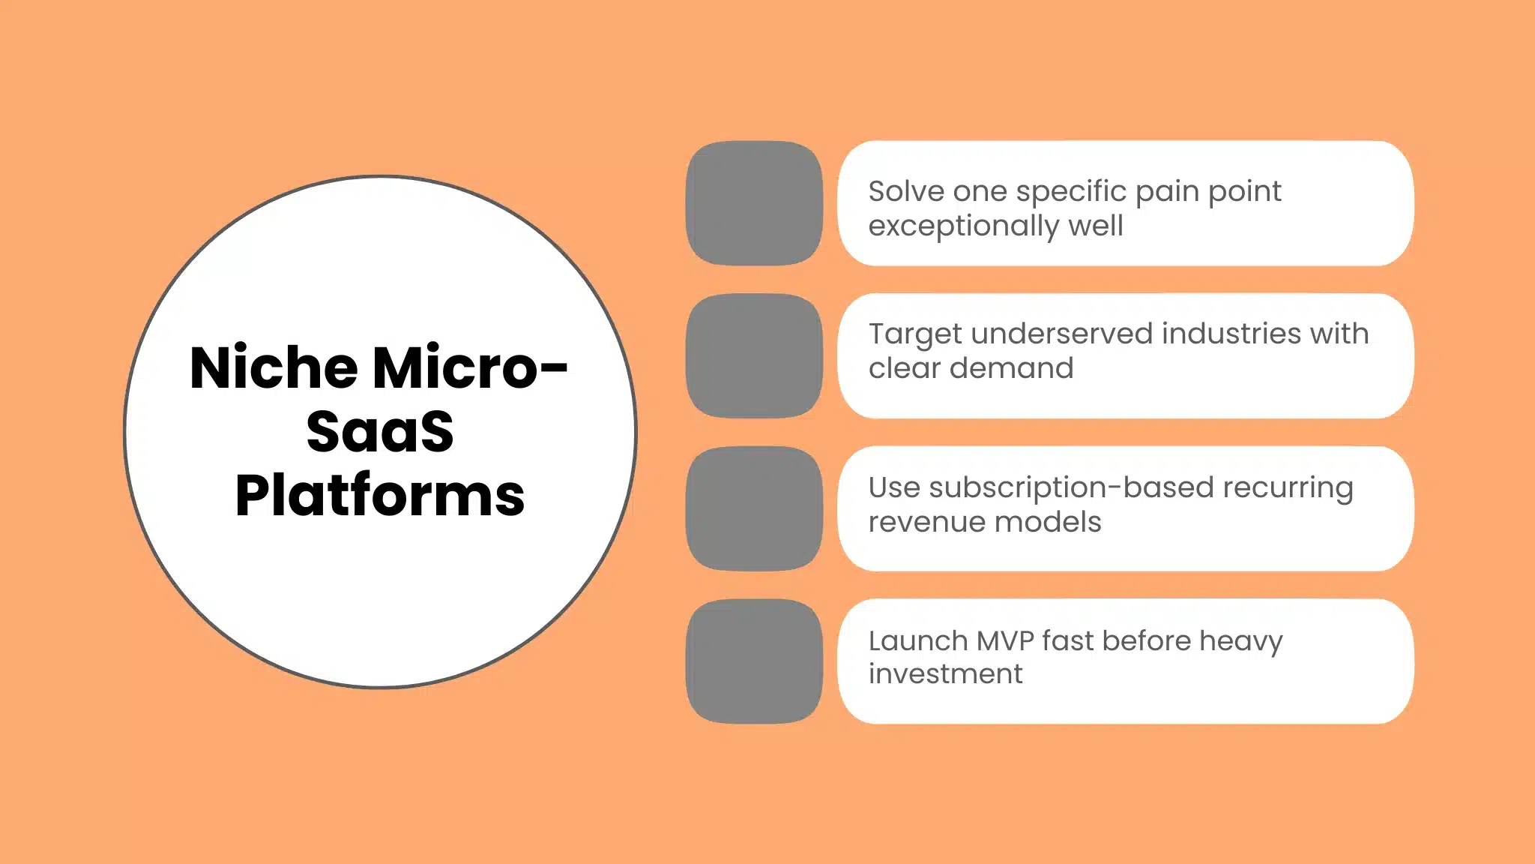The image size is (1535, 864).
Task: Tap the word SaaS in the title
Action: pyautogui.click(x=380, y=431)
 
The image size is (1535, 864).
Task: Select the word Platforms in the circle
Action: pyautogui.click(x=380, y=496)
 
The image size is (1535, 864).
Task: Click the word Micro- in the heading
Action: pyautogui.click(x=470, y=367)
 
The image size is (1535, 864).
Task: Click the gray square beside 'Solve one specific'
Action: pyautogui.click(x=754, y=203)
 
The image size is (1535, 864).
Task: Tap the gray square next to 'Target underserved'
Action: pyautogui.click(x=754, y=355)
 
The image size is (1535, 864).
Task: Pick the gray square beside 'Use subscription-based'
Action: pyautogui.click(x=754, y=508)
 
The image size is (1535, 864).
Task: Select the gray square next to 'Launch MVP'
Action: pyautogui.click(x=754, y=661)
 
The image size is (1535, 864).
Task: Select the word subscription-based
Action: pyautogui.click(x=1070, y=488)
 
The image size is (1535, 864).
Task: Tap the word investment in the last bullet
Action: pyautogui.click(x=945, y=674)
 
